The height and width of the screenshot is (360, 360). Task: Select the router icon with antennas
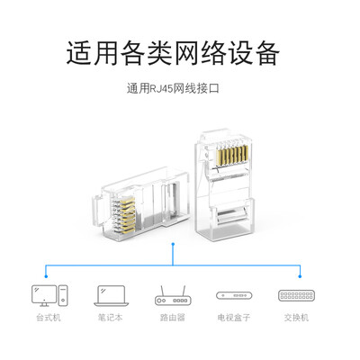(x=173, y=296)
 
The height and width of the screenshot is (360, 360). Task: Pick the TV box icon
(x=237, y=296)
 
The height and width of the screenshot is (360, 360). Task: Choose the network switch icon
(x=297, y=296)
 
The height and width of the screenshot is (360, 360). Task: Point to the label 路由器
(x=173, y=318)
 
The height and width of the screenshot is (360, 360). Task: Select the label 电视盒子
(x=237, y=318)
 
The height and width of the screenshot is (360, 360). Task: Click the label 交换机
(x=297, y=318)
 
